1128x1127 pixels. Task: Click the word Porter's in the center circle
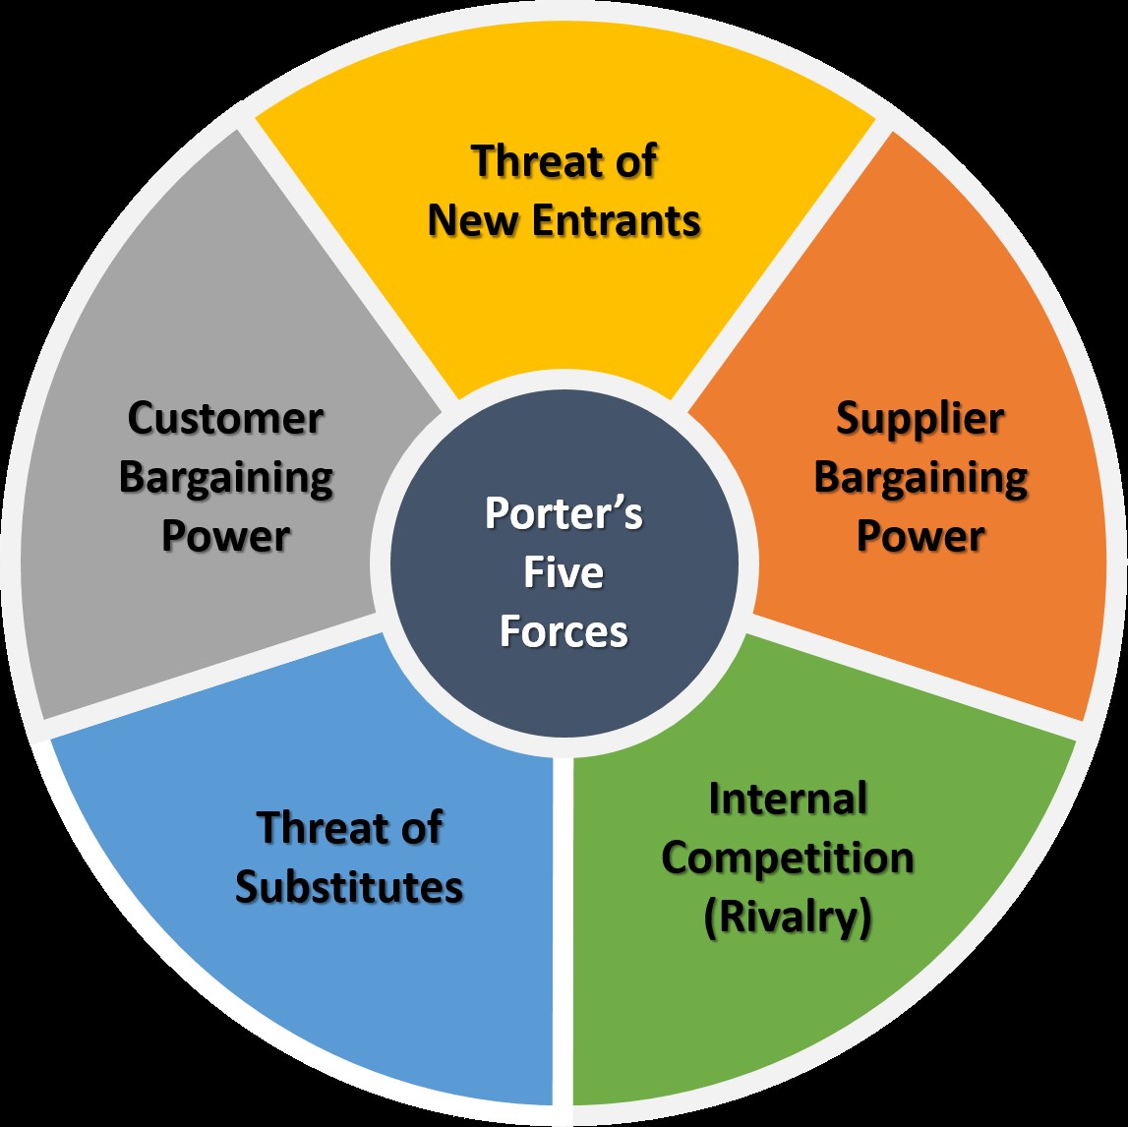564,513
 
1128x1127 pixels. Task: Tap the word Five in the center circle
564,572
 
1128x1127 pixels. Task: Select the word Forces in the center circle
564,631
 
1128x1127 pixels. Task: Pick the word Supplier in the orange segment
920,419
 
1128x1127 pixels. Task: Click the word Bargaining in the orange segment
920,479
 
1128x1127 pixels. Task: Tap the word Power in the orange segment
920,537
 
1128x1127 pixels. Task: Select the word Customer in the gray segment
225,419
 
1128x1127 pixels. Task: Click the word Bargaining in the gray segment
225,479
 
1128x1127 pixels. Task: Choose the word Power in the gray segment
225,537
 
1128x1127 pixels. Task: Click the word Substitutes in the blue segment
349,887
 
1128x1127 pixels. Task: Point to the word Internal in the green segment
788,799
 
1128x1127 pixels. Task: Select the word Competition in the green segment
788,858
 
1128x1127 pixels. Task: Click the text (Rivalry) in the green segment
788,918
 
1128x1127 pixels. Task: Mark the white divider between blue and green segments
562,934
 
